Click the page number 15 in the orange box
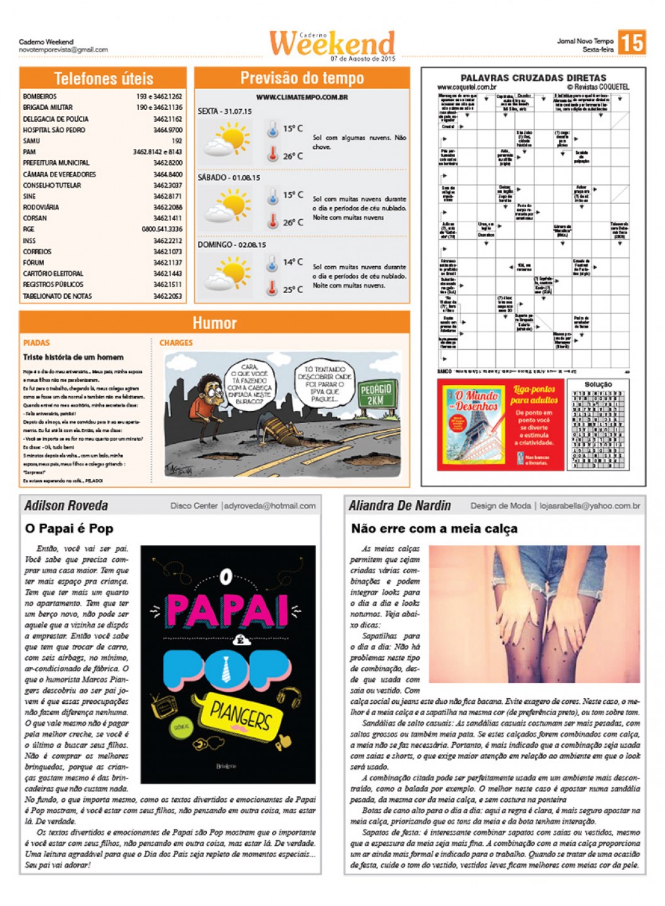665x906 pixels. tap(631, 42)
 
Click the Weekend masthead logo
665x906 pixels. tap(332, 43)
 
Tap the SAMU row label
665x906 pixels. tap(31, 141)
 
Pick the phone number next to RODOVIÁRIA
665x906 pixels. tap(167, 207)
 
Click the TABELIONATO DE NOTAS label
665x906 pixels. tap(57, 296)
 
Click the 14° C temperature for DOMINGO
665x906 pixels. tap(292, 262)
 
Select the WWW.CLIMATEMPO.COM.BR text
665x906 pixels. tap(302, 97)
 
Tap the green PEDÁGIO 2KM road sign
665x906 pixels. tap(375, 395)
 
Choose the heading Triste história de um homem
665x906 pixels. tap(73, 357)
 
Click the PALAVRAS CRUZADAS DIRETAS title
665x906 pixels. tap(533, 78)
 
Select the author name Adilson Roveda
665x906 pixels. tap(66, 505)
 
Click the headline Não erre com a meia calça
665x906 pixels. tap(434, 529)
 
